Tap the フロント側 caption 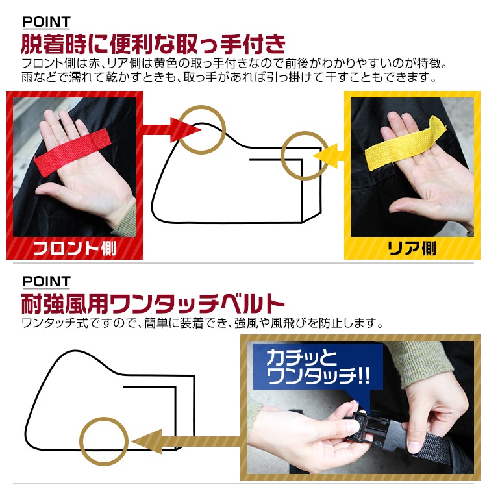(74, 248)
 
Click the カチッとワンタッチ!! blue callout (316, 368)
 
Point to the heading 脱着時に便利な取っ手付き (153, 44)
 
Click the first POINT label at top (46, 22)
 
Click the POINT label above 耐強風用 (46, 281)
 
